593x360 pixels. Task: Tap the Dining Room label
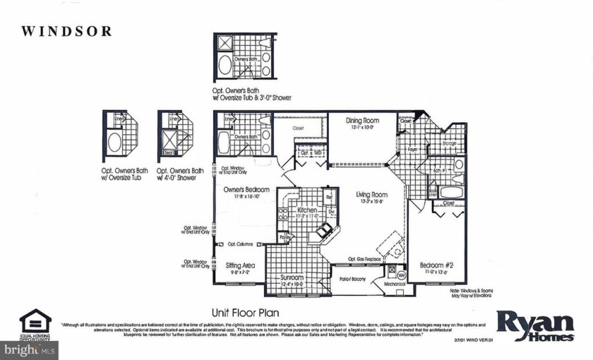362,121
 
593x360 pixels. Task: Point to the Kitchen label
306,210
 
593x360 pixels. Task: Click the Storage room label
449,144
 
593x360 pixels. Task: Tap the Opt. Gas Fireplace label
364,259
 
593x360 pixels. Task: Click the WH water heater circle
400,275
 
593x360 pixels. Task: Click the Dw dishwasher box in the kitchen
330,211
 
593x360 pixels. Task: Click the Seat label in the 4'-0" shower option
168,151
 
